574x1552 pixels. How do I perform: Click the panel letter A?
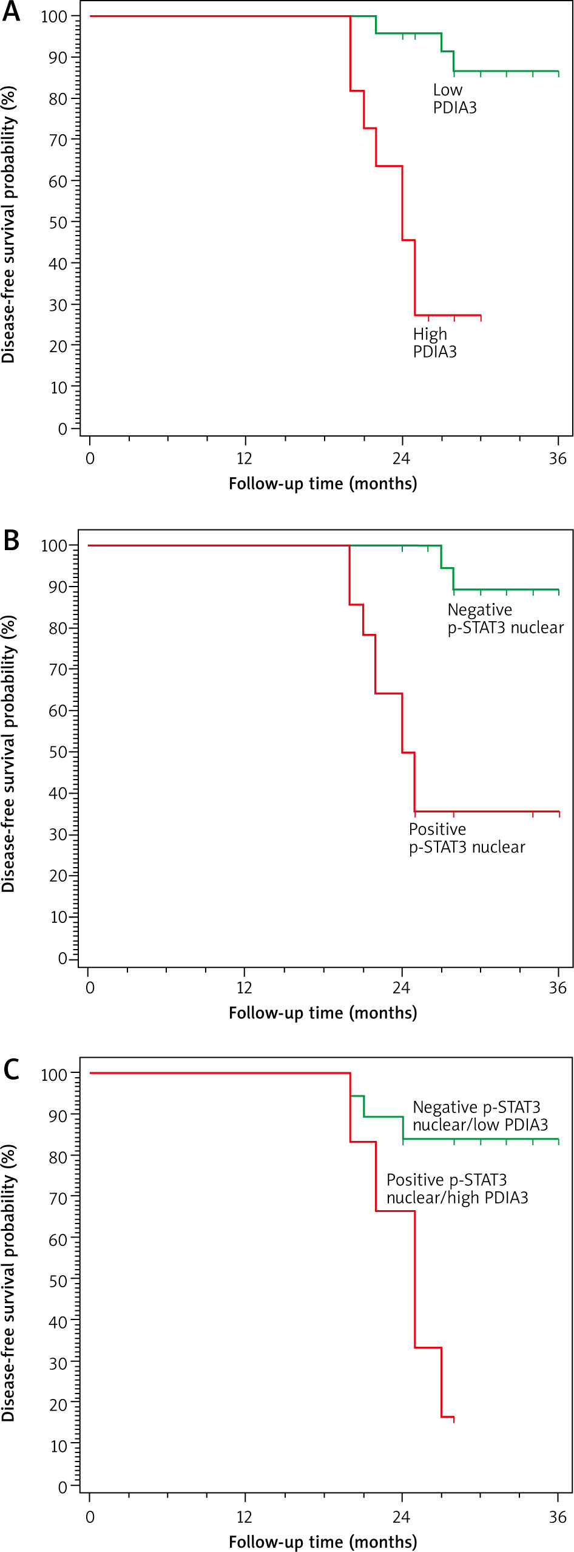pos(11,12)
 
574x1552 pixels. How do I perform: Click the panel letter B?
pos(11,540)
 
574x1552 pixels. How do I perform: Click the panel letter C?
pos(11,1069)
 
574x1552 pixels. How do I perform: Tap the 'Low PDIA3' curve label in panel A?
pos(454,99)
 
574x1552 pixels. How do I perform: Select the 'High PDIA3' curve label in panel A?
pos(434,343)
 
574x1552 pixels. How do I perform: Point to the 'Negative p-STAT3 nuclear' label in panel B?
pos(505,619)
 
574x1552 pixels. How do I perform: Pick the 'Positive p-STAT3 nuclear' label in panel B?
pos(467,838)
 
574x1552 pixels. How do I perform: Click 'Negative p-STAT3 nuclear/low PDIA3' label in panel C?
pos(480,1116)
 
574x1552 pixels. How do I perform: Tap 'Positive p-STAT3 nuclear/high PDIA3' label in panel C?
pos(457,1189)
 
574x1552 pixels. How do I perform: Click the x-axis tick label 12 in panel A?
pos(245,458)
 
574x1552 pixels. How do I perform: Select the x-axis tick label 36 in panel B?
pos(558,988)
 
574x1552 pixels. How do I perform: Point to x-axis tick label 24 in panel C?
pos(401,1517)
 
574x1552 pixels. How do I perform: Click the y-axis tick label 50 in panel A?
pos(58,222)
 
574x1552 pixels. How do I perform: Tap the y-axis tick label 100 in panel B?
pos(53,546)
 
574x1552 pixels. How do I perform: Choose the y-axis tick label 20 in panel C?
pos(58,1404)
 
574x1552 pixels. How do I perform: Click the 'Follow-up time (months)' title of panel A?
pos(323,484)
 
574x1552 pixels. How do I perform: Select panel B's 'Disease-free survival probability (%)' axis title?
pos(8,753)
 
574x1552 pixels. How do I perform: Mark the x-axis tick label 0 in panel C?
pos(90,1517)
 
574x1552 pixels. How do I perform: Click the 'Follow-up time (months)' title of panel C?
pos(323,1542)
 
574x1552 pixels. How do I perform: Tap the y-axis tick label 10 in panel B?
pos(58,917)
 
